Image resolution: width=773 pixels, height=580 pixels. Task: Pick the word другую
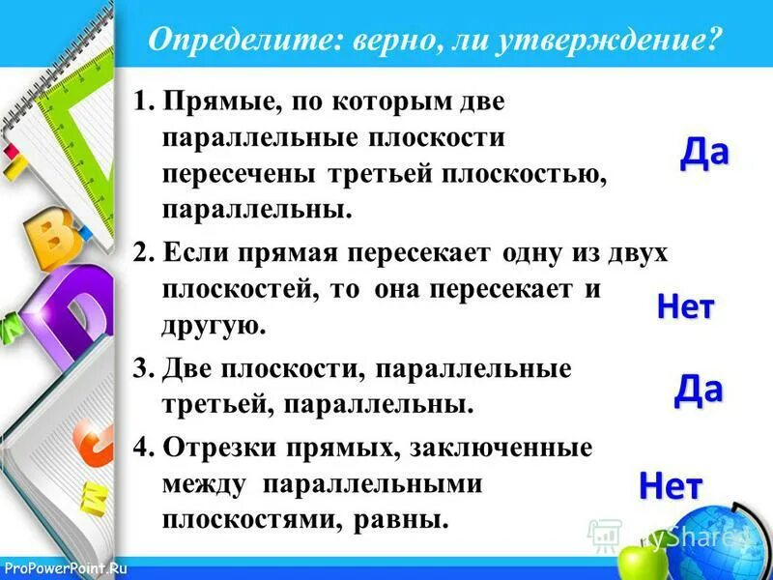tap(212, 326)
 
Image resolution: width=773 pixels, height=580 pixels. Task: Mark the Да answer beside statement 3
tap(698, 389)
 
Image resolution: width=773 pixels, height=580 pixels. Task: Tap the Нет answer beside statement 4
tap(670, 486)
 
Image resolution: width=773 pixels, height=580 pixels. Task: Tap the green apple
tap(636, 561)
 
